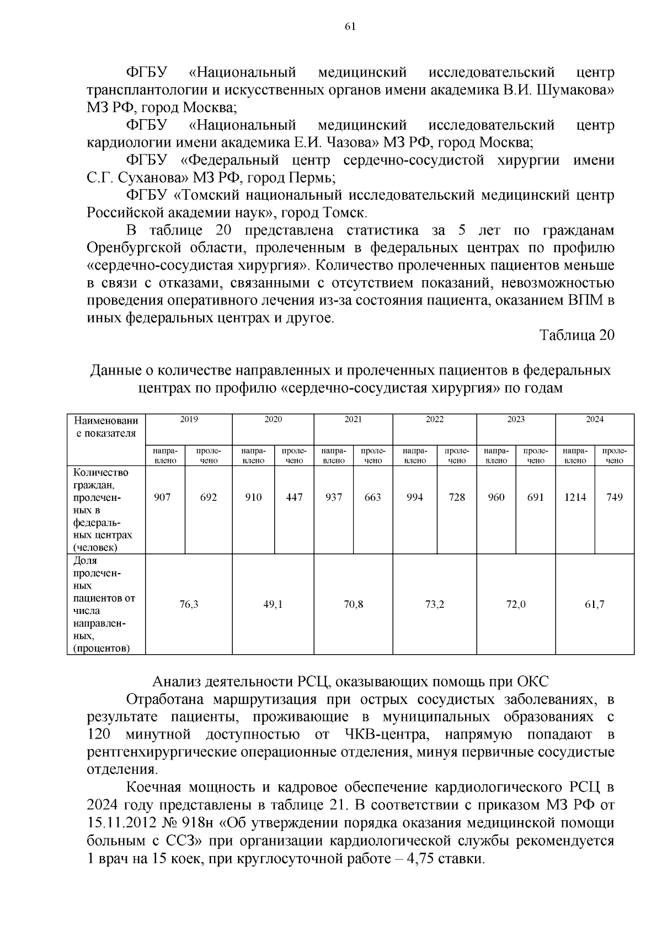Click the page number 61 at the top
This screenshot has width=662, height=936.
tap(350, 27)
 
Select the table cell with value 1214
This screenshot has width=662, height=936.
tap(575, 497)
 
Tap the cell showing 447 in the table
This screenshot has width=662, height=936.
tap(294, 497)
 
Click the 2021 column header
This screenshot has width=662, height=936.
tap(353, 419)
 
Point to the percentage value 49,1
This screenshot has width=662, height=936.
tap(273, 604)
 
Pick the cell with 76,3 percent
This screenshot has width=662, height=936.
tap(189, 604)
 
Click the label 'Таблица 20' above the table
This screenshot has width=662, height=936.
tap(576, 335)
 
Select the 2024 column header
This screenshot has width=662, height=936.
tap(594, 419)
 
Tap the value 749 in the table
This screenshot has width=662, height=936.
tap(614, 497)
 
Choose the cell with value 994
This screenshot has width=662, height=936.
tap(414, 497)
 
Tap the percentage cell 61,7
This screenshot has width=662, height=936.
tap(594, 604)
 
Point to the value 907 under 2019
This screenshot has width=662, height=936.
tap(162, 497)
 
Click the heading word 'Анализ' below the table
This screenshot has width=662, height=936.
tap(175, 682)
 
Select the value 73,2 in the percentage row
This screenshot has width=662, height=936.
tap(434, 604)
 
